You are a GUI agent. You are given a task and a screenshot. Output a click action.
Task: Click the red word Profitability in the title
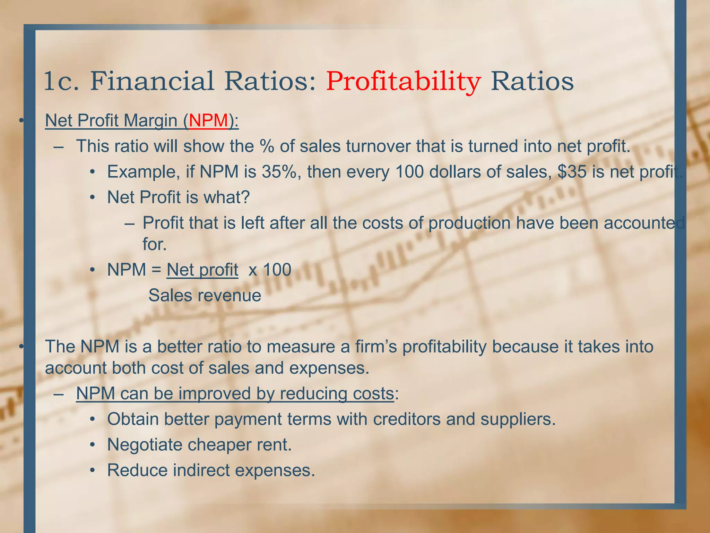point(403,82)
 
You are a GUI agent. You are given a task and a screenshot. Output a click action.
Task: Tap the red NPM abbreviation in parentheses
point(208,121)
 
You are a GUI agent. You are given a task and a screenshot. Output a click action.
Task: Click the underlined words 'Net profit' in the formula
point(202,270)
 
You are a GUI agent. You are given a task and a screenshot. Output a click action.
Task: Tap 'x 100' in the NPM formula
point(270,270)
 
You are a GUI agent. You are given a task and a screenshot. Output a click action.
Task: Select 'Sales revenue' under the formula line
point(205,296)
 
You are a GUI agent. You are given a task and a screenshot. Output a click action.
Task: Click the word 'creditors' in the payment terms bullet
point(407,419)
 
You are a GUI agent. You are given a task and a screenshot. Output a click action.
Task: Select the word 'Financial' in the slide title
point(152,82)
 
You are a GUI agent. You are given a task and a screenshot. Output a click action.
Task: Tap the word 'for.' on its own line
point(155,244)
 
